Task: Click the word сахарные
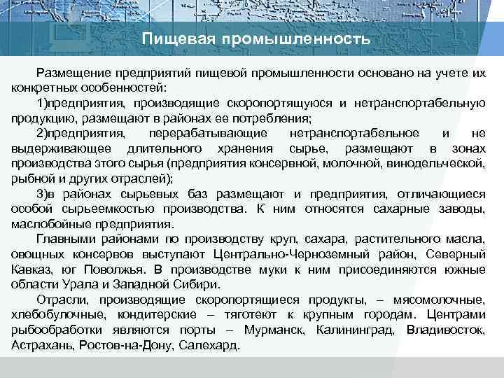[x=416, y=209]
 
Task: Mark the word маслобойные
[x=45, y=224]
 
